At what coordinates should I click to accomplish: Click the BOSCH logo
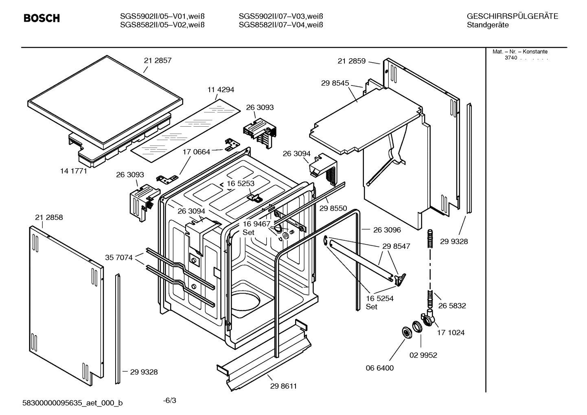tap(42, 18)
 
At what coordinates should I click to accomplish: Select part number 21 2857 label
tap(158, 61)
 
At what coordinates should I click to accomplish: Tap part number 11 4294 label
tap(221, 90)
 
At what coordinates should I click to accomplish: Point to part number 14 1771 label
tap(74, 171)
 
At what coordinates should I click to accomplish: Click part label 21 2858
tap(49, 217)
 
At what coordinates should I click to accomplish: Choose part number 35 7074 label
tap(118, 257)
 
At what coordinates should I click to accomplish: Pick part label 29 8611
tap(283, 386)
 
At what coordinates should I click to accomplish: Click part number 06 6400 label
tap(379, 368)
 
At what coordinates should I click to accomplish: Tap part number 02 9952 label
tap(423, 355)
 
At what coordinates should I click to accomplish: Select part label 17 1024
tap(451, 333)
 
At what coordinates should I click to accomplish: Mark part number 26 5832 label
tap(452, 305)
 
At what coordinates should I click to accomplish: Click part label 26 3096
tap(387, 230)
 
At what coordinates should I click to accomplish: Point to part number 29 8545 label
tap(335, 83)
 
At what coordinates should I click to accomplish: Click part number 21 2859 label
tap(351, 61)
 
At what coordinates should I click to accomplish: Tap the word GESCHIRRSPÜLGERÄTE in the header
tap(512, 17)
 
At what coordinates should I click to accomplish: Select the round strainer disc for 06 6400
tap(406, 332)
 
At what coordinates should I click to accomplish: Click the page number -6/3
tap(169, 401)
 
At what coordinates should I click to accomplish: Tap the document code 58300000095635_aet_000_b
tap(72, 403)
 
